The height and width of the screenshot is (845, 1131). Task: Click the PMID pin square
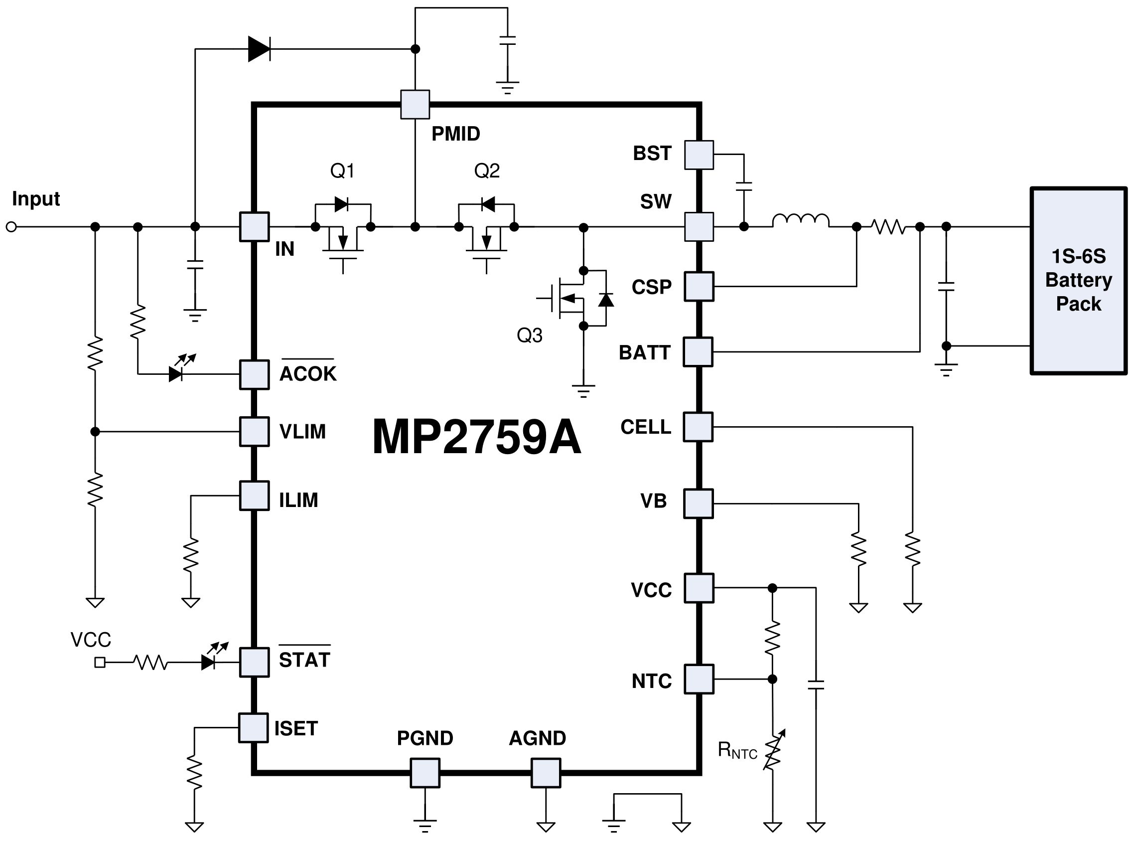[x=415, y=104]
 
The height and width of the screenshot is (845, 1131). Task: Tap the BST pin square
[x=699, y=155]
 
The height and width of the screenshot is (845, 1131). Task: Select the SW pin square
[x=699, y=227]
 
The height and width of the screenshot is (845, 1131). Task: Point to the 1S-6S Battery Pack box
[x=1078, y=281]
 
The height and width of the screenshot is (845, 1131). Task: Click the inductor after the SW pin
[x=800, y=220]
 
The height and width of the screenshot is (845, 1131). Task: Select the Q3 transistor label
[x=529, y=336]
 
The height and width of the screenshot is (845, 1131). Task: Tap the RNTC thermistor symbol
[x=773, y=750]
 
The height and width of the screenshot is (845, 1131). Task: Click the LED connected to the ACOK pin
[x=177, y=373]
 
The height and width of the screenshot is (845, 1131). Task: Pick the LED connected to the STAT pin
[x=209, y=662]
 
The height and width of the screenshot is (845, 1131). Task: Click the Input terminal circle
[x=11, y=227]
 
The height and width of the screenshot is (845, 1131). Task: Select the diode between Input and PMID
[x=259, y=49]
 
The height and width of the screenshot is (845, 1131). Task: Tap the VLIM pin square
[x=255, y=432]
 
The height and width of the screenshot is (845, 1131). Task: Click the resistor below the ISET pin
[x=194, y=773]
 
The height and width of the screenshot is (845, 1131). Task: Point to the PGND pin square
[x=424, y=772]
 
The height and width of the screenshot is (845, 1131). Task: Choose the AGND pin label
[x=537, y=738]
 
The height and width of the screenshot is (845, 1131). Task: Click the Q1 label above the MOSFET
[x=342, y=171]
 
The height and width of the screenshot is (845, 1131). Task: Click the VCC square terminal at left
[x=100, y=663]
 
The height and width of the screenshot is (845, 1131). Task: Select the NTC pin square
[x=699, y=679]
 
